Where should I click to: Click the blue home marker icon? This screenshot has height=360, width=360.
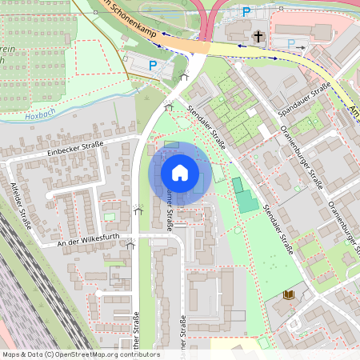tap(180, 174)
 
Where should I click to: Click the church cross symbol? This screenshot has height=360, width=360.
tap(258, 36)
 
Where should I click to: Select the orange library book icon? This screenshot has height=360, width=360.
tap(288, 295)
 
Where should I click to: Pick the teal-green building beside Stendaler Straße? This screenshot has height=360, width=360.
tap(246, 197)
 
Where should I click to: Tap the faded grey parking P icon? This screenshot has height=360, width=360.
tap(292, 43)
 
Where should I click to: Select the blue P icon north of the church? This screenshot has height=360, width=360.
tap(246, 12)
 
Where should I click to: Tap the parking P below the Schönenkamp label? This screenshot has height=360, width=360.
tap(152, 65)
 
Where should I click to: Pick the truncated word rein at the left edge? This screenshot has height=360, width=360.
tap(7, 50)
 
